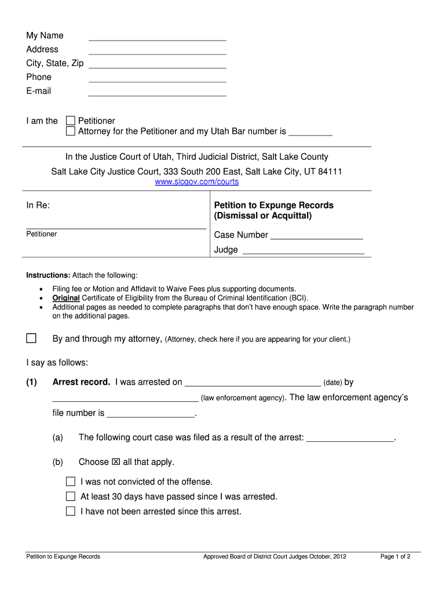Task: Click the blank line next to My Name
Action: tap(157, 36)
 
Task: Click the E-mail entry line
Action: tap(157, 91)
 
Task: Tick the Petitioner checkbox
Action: tap(71, 120)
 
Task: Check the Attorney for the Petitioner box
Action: tap(71, 131)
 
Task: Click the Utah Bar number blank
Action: tap(310, 131)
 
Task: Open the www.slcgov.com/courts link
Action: tap(197, 182)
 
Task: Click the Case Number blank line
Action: tap(316, 235)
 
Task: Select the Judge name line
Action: tap(303, 250)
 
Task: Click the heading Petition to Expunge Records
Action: tap(273, 206)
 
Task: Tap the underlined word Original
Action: tap(65, 298)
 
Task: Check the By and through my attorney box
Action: tap(31, 338)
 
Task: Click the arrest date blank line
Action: tap(253, 382)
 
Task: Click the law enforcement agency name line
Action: tap(125, 398)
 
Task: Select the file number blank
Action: tap(151, 413)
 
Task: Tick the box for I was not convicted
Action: tap(71, 482)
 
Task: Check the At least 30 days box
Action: tap(71, 496)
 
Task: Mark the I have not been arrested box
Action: tap(71, 511)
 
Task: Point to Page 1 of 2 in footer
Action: tap(395, 557)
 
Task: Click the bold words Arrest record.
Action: tap(81, 382)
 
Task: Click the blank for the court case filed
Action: tap(350, 438)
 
